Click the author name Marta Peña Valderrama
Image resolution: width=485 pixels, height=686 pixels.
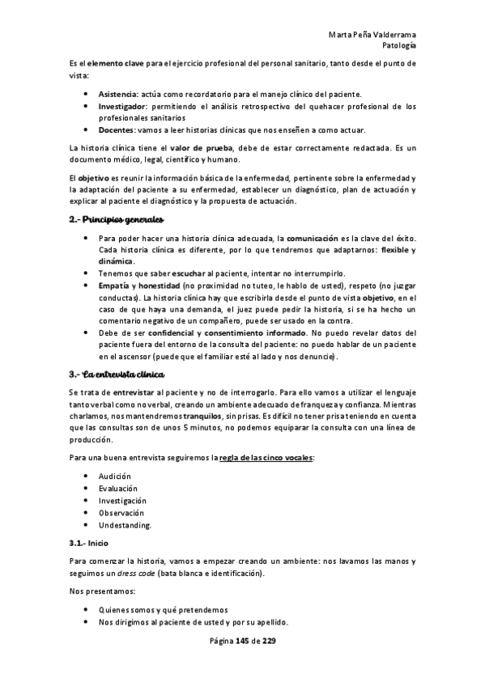click(x=373, y=35)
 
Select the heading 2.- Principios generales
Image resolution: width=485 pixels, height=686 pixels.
click(x=116, y=220)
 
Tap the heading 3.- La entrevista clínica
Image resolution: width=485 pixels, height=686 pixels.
click(x=117, y=375)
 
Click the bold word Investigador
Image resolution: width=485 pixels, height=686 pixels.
click(x=122, y=106)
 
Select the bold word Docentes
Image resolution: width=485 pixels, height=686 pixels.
click(x=117, y=129)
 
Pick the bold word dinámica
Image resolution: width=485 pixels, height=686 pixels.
click(x=116, y=262)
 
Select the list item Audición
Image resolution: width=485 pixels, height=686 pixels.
click(x=115, y=476)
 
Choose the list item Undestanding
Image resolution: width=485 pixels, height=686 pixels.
click(x=125, y=525)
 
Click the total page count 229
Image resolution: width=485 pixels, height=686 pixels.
click(x=269, y=642)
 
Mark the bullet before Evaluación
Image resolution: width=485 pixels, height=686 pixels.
click(x=87, y=489)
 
